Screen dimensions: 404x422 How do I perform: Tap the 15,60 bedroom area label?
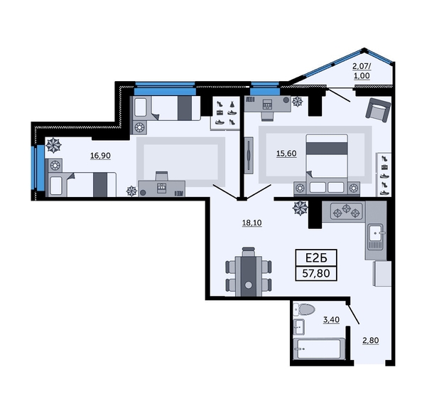[x=286, y=151]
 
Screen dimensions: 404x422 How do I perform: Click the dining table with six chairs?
[x=248, y=270]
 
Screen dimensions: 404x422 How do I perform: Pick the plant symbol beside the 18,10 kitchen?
[x=301, y=208]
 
